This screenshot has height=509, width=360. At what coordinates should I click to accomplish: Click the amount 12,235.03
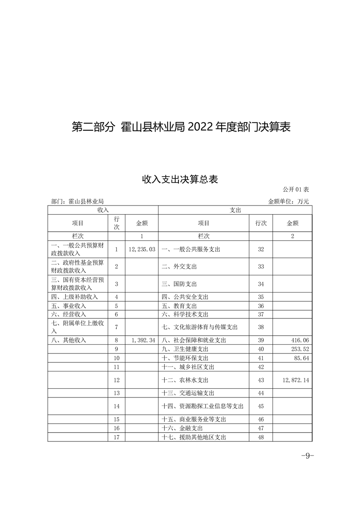[x=142, y=250]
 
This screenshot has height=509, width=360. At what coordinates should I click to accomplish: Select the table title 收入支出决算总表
[x=180, y=180]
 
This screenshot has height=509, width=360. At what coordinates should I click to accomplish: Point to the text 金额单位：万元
[x=289, y=201]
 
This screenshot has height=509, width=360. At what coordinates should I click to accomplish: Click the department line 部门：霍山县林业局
[x=78, y=201]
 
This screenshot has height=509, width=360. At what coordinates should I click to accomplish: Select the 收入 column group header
[x=103, y=210]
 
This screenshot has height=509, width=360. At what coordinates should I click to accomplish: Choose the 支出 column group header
[x=235, y=210]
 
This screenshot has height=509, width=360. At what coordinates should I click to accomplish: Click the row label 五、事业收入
[x=68, y=306]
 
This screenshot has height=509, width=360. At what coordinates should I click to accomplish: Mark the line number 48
[x=261, y=437]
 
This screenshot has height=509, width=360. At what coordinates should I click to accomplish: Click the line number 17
[x=117, y=437]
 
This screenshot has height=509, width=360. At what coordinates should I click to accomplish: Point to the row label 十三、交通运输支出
[x=188, y=393]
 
